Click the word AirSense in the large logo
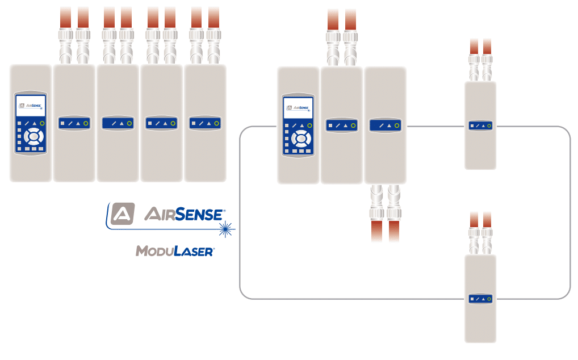pos(183,214)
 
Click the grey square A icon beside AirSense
pos(123,214)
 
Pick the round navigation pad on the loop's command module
pos(300,138)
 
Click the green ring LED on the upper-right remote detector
pos(489,126)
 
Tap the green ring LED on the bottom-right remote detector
pos(489,299)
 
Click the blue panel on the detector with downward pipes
pos(385,125)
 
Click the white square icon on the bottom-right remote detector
pos(471,299)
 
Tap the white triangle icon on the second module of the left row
pos(78,123)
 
